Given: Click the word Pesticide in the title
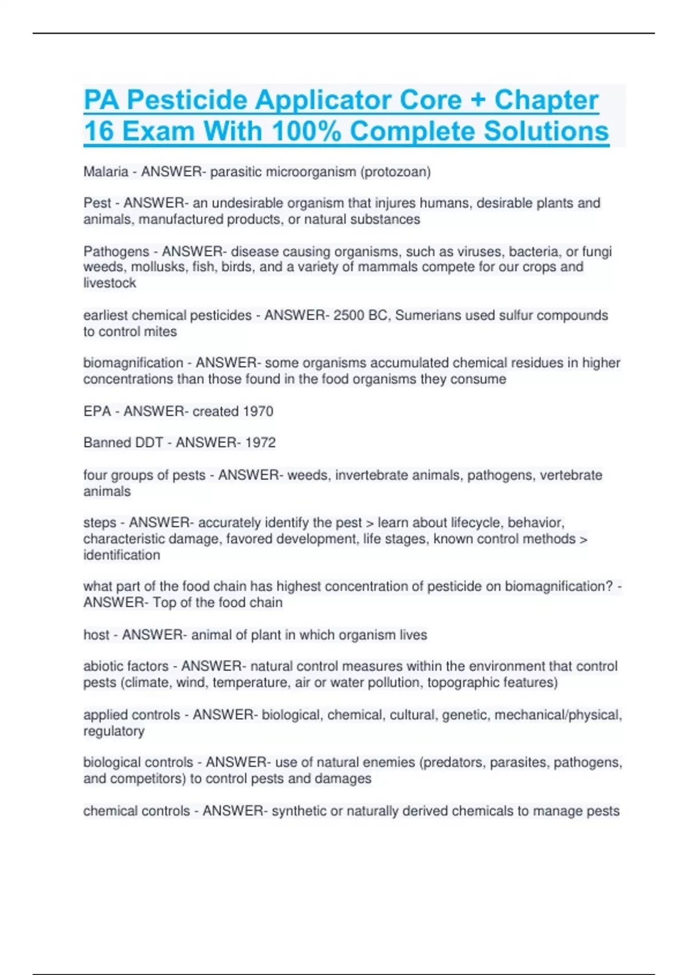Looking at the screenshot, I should pyautogui.click(x=187, y=101).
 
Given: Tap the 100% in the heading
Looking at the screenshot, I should pyautogui.click(x=306, y=131).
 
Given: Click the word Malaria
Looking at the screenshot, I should pyautogui.click(x=106, y=172).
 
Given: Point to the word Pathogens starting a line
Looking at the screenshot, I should pyautogui.click(x=116, y=252).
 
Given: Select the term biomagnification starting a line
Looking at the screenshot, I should pyautogui.click(x=133, y=363).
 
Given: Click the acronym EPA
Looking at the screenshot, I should pyautogui.click(x=97, y=411).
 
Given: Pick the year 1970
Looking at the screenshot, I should pyautogui.click(x=258, y=411).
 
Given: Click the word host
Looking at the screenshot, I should pyautogui.click(x=96, y=635).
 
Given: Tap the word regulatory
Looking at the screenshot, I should pyautogui.click(x=114, y=731).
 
